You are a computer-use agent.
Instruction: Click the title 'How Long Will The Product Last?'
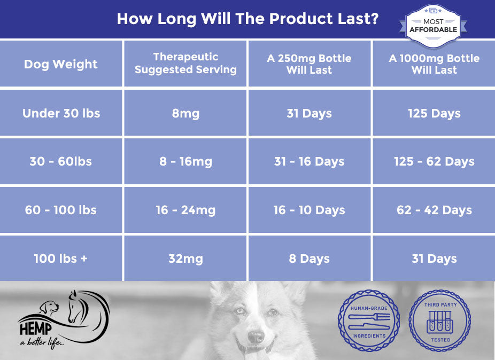click(x=247, y=19)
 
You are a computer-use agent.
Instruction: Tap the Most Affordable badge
click(x=433, y=26)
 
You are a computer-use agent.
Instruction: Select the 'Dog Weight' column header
click(x=60, y=64)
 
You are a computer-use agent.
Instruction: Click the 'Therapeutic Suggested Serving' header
click(x=185, y=63)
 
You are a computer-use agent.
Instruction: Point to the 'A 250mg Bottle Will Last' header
click(x=310, y=64)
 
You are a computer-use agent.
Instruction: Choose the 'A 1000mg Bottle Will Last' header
click(x=434, y=64)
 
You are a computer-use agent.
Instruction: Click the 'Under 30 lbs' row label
click(x=61, y=113)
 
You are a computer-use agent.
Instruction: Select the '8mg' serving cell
click(x=185, y=114)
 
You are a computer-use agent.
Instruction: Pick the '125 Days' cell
click(x=434, y=114)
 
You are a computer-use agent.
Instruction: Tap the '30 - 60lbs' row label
click(x=60, y=161)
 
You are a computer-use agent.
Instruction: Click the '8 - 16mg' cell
click(x=185, y=162)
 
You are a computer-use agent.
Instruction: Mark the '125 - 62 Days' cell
click(x=434, y=162)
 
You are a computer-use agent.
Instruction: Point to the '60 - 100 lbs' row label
click(x=60, y=210)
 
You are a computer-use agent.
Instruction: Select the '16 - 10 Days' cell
click(x=310, y=210)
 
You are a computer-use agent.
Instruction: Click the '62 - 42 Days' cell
click(x=434, y=210)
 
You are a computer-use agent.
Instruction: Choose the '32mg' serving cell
click(x=185, y=259)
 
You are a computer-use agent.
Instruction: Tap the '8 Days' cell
click(x=310, y=259)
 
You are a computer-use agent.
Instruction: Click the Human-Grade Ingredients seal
click(x=369, y=320)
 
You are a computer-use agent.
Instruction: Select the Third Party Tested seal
click(x=440, y=320)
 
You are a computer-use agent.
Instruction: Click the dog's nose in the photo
click(x=256, y=337)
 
